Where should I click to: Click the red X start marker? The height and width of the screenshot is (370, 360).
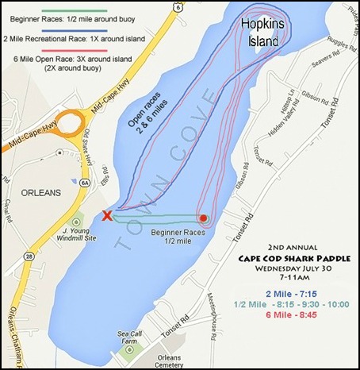[x=108, y=215]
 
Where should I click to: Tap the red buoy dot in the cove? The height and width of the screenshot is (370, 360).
[x=203, y=218]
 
